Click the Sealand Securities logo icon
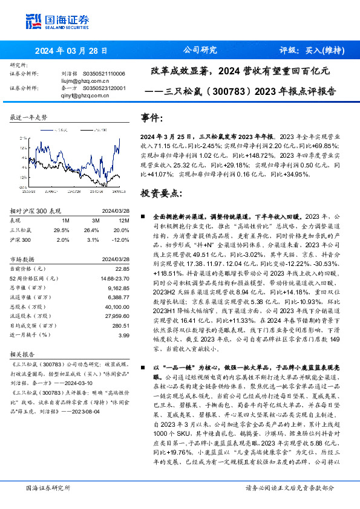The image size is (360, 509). coord(34,21)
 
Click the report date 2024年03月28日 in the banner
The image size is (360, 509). coord(71,51)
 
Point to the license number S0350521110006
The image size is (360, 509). coord(103,73)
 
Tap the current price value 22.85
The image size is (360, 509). coord(122,268)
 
